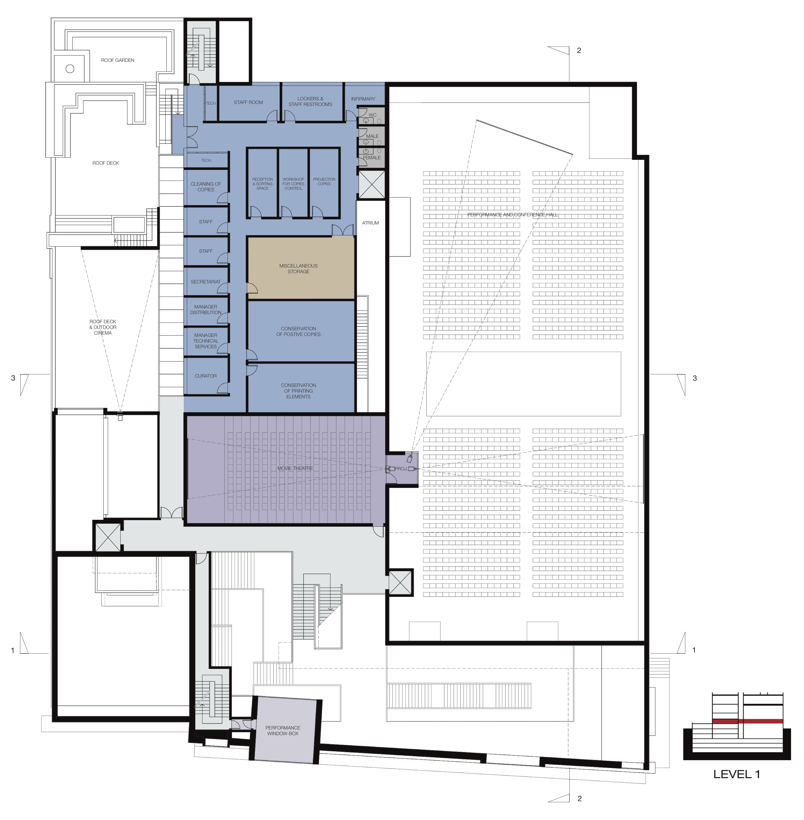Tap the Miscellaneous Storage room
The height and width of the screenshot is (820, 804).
[x=301, y=268]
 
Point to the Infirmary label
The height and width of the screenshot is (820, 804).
[x=363, y=99]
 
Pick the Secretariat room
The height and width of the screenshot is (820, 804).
[x=206, y=281]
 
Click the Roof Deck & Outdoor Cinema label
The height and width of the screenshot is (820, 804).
[x=103, y=327]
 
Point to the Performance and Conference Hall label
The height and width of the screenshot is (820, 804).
[x=512, y=215]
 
